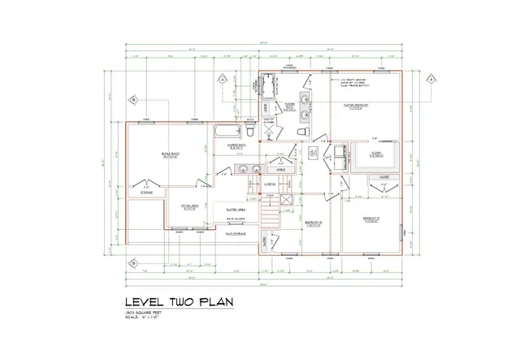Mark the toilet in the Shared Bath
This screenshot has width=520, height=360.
click(250, 132)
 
